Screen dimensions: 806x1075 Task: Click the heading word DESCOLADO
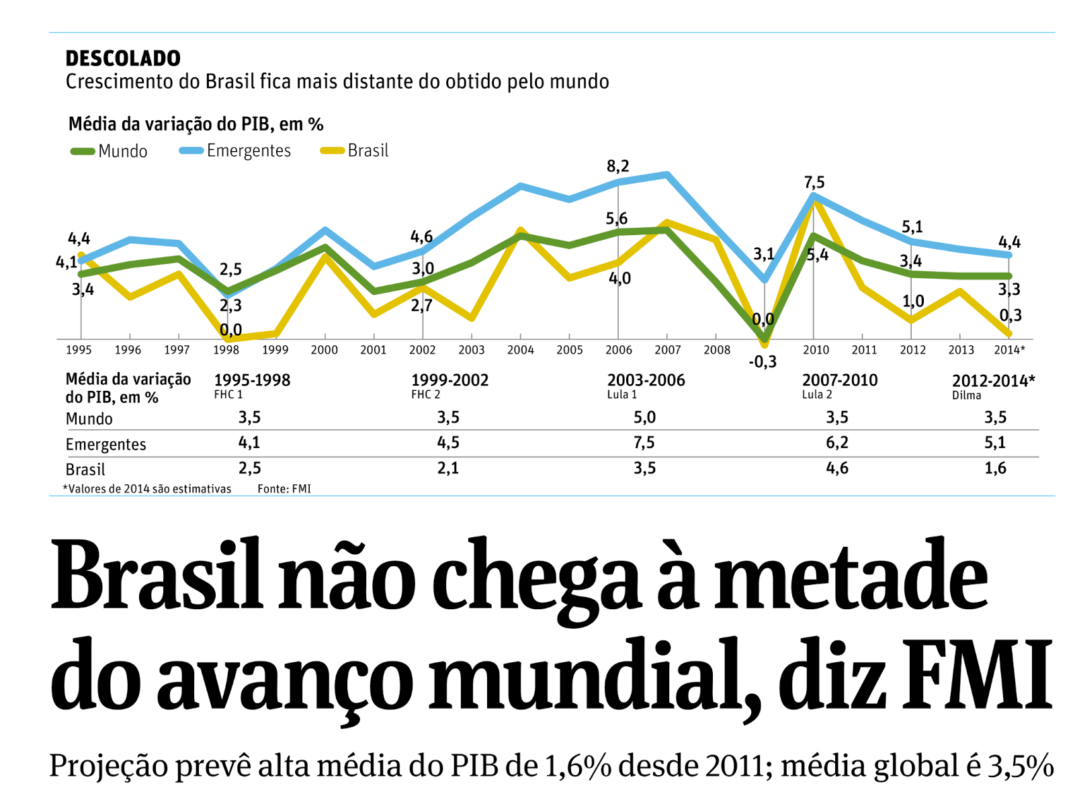pos(123,58)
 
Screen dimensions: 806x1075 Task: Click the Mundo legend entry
pos(110,151)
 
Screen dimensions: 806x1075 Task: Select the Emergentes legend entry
pos(235,150)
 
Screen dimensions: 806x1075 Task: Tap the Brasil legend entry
pos(355,150)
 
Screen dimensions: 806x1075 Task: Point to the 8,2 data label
pos(617,167)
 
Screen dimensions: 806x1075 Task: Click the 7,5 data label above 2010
pos(814,183)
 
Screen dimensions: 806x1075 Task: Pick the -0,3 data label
pos(762,362)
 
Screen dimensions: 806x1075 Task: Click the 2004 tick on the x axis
pos(520,350)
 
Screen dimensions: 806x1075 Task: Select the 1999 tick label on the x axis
pos(275,350)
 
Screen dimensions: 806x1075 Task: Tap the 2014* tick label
pos(1009,350)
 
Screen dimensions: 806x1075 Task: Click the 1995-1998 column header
pos(252,380)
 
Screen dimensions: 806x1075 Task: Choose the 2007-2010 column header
pos(840,380)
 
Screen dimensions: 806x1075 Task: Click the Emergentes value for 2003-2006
pos(644,443)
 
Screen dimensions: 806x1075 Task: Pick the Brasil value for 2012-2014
pos(995,468)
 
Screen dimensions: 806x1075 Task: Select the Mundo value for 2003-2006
pos(644,418)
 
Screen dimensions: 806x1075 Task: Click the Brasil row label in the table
pos(85,469)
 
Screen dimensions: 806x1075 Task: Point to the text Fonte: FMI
pos(284,489)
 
